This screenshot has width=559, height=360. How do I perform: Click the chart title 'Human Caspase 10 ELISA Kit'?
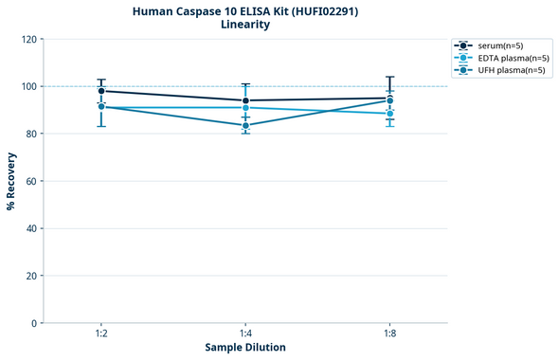[244, 11]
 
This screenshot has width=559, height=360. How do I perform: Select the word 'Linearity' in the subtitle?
[244, 26]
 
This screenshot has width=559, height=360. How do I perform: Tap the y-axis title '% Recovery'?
[11, 180]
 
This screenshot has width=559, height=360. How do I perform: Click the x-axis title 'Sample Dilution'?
[245, 348]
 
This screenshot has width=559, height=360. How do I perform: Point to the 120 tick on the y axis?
[29, 39]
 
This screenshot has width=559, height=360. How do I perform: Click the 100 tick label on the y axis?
[29, 86]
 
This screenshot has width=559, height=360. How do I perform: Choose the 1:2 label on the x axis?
[101, 333]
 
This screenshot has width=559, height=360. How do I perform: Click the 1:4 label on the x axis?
[246, 333]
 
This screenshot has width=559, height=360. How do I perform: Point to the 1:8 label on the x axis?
[390, 333]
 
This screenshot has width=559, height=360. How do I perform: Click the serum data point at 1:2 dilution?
[101, 91]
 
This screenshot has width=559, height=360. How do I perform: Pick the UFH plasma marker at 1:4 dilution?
[246, 125]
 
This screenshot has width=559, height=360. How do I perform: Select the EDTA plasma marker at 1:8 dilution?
[390, 114]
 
